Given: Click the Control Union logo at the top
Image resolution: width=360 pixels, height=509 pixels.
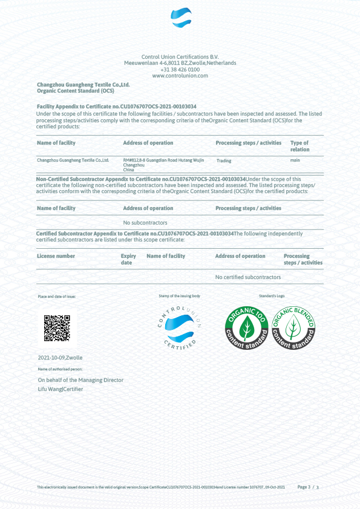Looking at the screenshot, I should click(x=180, y=18).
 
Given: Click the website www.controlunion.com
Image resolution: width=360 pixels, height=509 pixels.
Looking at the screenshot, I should click(x=180, y=76).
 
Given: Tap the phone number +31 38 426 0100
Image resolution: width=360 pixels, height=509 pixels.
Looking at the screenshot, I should click(x=180, y=70).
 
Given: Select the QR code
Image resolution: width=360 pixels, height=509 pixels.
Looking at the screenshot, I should click(x=57, y=328).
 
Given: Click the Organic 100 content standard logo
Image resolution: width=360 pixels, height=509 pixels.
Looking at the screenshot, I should click(x=246, y=328).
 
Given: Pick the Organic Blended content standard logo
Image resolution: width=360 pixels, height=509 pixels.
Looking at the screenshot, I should click(x=293, y=328).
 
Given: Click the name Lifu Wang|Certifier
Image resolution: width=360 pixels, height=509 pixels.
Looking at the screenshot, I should click(x=60, y=389).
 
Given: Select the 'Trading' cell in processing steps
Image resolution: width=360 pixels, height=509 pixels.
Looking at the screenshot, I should click(x=224, y=161).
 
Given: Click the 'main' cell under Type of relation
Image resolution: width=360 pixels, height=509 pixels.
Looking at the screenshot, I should click(x=295, y=160).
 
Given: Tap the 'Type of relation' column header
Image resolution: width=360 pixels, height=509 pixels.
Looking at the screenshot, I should click(x=300, y=146).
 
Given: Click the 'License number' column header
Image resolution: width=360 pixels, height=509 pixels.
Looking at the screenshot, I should click(x=56, y=256).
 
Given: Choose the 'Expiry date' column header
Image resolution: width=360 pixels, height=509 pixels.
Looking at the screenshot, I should click(x=128, y=259).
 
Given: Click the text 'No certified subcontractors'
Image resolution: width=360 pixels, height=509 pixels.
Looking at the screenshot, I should click(x=248, y=277).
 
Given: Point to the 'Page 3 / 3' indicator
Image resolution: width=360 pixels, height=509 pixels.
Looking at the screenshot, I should click(x=308, y=487).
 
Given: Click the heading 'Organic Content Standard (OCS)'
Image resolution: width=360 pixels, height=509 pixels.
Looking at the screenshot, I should click(x=75, y=91).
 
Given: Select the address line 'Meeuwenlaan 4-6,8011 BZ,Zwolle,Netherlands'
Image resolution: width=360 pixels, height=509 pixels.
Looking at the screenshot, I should click(x=180, y=63).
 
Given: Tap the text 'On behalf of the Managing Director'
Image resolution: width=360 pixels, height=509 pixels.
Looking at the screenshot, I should click(x=80, y=380).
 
